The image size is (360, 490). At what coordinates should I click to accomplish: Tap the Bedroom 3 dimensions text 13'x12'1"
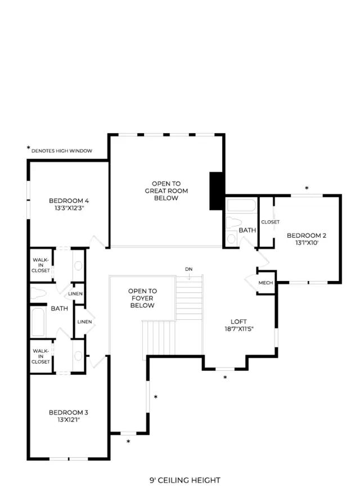point(69,420)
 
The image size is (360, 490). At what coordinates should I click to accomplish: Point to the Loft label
point(238,321)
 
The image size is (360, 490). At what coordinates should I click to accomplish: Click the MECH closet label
point(265,283)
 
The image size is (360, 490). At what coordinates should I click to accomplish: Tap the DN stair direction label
point(188,269)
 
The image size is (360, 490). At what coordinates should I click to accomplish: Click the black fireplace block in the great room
point(217,191)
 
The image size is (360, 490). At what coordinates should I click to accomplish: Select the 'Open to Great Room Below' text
point(166,190)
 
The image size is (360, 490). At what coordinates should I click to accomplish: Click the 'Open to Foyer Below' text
point(142,298)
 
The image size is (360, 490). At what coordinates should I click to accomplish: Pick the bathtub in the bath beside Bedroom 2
point(241,206)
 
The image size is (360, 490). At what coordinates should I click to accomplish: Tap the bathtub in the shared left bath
point(38,322)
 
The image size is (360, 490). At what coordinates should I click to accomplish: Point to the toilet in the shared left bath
point(38,293)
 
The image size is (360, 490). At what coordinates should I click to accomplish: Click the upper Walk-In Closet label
point(40,265)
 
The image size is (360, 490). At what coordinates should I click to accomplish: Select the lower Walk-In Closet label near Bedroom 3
point(40,356)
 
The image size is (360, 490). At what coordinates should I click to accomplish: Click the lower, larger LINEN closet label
point(84,321)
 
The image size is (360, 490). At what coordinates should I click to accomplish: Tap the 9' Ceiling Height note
point(185,480)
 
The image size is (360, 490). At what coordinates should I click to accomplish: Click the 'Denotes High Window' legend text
point(62,151)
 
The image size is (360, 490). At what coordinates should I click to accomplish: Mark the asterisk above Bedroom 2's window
point(307,188)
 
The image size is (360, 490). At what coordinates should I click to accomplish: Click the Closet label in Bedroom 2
point(270,222)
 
